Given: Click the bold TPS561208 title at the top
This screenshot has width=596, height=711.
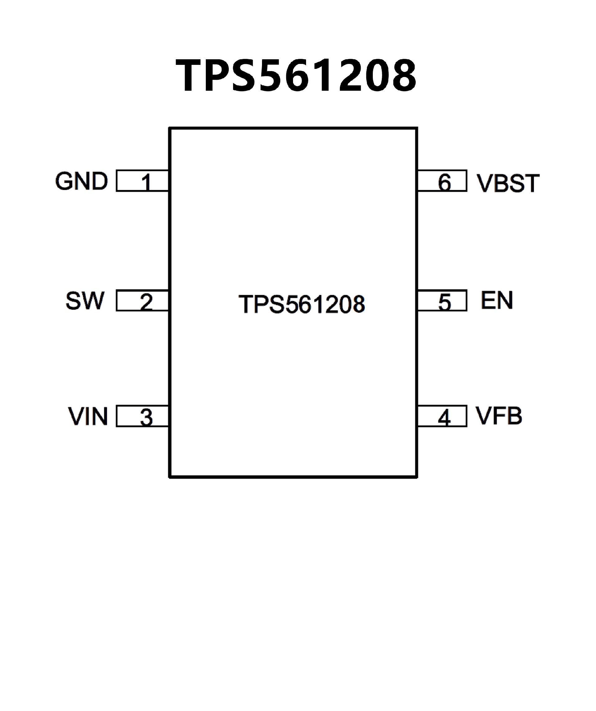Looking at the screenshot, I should click(296, 75).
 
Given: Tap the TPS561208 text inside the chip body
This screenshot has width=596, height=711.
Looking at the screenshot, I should click(302, 304).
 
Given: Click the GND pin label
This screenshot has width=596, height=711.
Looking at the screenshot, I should click(81, 181).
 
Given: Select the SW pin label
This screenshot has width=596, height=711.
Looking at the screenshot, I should click(85, 301).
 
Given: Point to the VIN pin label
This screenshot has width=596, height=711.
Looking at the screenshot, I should click(88, 416).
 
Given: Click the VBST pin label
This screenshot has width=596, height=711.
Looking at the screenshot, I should click(508, 183).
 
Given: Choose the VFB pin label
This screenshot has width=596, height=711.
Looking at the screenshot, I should click(499, 416).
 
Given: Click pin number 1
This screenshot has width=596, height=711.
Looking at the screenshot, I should click(146, 182).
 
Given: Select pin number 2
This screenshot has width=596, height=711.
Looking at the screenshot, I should click(146, 302).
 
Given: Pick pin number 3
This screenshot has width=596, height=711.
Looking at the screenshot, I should click(146, 417).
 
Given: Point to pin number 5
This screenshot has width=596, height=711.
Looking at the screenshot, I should click(445, 302).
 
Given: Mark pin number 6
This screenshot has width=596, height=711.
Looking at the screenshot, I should click(445, 182).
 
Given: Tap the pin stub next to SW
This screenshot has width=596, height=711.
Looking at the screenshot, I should click(129, 300).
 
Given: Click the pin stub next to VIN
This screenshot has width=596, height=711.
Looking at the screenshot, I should click(129, 416).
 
